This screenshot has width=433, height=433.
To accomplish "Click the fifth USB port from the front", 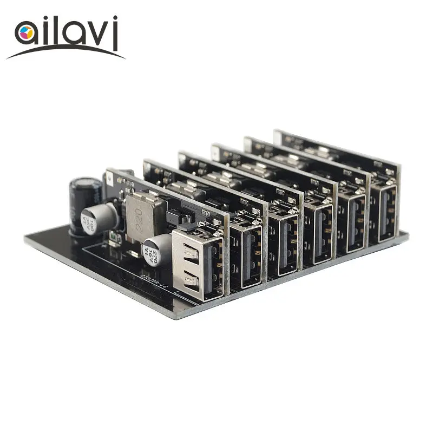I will pos(351,219).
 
